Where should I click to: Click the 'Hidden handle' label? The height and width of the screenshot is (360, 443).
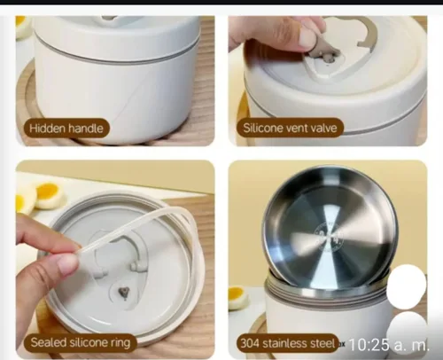[x=66, y=129]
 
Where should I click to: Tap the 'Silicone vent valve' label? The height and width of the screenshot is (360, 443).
[x=290, y=128]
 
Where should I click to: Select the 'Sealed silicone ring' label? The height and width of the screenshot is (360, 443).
[x=81, y=342]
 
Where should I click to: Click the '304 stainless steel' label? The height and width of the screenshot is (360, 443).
[x=288, y=343]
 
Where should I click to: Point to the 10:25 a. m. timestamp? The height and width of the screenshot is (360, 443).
[x=389, y=345]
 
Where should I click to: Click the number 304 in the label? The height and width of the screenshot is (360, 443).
[x=250, y=343]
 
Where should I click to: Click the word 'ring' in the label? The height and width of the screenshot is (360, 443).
[x=120, y=343]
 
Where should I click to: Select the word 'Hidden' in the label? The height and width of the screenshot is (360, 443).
[x=47, y=129]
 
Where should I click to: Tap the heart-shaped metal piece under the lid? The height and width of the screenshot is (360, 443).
[x=124, y=293]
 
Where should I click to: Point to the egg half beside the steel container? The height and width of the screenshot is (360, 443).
[x=237, y=298]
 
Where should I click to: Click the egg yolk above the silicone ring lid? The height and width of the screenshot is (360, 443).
[x=47, y=191]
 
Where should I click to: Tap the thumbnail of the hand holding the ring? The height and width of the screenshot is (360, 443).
[x=115, y=259]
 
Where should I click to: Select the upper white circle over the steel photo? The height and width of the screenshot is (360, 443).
[x=407, y=286]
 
